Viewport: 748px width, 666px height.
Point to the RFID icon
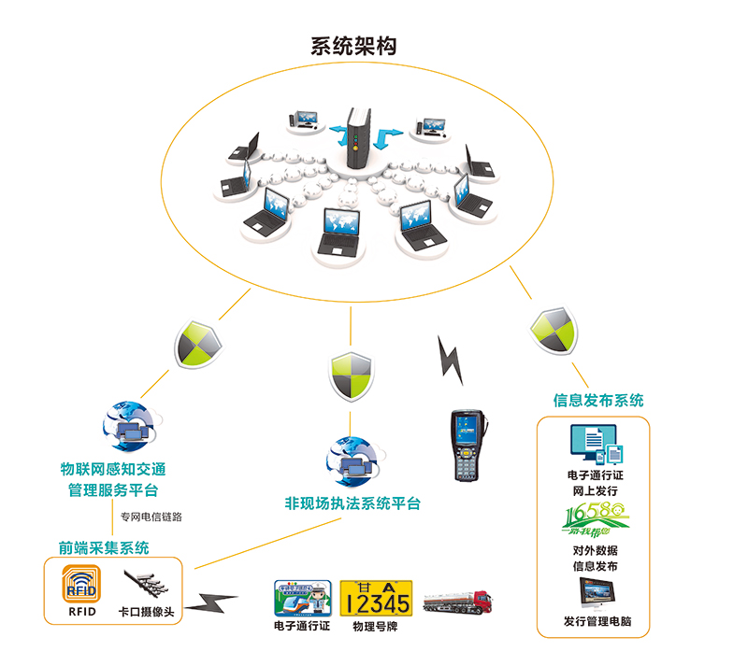[x=80, y=585]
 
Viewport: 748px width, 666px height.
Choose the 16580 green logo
[x=595, y=517]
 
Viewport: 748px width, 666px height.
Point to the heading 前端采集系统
[x=104, y=547]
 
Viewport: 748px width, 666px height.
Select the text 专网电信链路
[x=151, y=516]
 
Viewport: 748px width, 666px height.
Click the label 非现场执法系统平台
[x=352, y=503]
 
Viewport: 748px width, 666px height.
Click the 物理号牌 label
[x=376, y=626]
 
